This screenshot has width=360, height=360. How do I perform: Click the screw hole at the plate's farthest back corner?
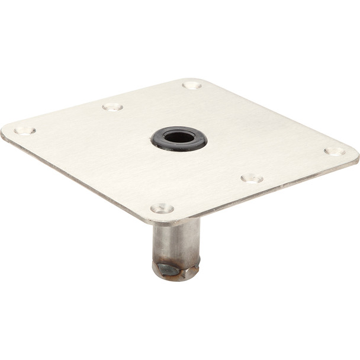click(192, 85)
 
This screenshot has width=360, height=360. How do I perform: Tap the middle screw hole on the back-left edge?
click(112, 107)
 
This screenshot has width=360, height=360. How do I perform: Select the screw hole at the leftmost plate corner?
click(25, 130)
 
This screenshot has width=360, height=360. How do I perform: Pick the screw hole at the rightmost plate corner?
click(335, 151)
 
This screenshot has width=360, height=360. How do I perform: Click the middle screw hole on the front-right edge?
click(252, 178)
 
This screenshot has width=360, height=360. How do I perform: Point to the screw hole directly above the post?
click(162, 208)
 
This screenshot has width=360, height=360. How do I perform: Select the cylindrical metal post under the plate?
click(176, 240)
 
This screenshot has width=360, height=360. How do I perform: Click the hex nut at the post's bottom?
click(175, 270)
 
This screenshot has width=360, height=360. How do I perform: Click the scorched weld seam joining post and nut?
click(175, 261)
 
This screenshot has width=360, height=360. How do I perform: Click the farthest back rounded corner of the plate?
click(195, 79)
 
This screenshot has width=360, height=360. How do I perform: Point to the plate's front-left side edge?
click(77, 178)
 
